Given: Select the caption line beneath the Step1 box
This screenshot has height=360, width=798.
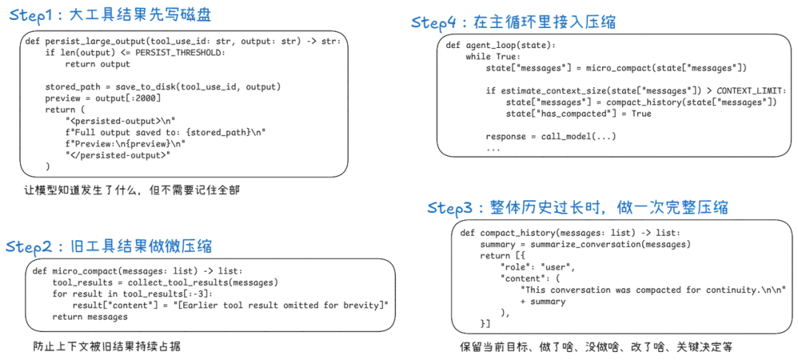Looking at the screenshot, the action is coord(133,191).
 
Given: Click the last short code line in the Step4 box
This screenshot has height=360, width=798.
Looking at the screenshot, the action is coord(550,135).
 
